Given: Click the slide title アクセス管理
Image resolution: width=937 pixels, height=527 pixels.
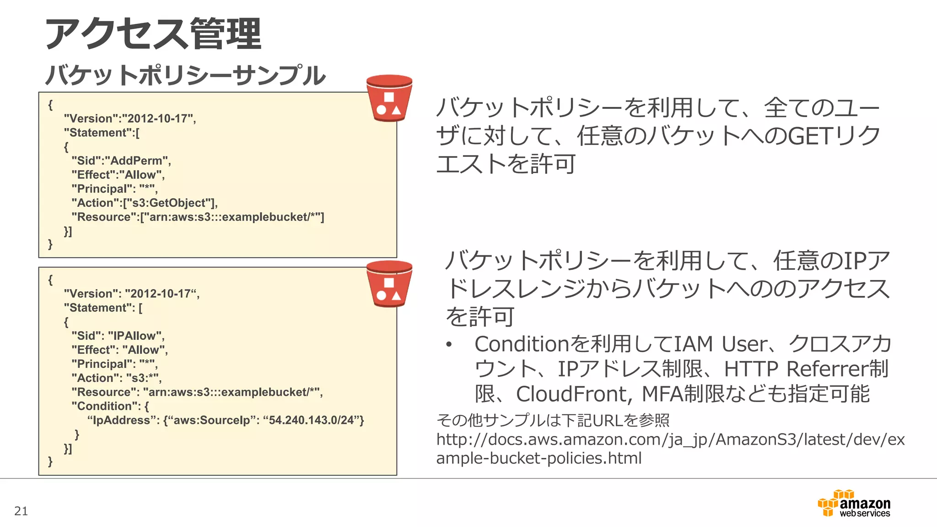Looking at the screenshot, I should click(x=153, y=34).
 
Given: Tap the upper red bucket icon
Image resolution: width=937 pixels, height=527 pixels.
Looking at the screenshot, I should click(x=389, y=98).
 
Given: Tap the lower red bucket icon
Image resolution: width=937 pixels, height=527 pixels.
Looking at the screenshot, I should click(x=389, y=284).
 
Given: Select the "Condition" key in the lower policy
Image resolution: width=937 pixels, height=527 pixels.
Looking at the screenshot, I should click(x=106, y=406).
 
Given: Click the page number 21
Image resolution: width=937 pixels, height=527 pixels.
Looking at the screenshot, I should click(x=21, y=511).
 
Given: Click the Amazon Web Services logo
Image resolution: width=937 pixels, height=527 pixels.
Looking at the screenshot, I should click(x=854, y=504).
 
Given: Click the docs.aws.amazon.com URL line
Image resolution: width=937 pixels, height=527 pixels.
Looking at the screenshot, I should click(x=670, y=440).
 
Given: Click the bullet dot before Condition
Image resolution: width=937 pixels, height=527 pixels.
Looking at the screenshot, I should click(x=449, y=344).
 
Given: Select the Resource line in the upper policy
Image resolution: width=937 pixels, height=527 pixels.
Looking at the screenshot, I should click(x=198, y=217).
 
